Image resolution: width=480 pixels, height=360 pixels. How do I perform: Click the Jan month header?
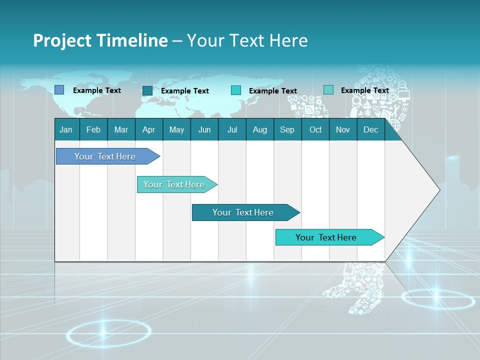[x=66, y=129]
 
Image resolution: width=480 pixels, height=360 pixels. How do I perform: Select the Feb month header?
[x=93, y=129]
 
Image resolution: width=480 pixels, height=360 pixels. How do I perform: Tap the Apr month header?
[x=148, y=129]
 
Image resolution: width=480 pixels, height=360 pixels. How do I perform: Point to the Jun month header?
[x=204, y=129]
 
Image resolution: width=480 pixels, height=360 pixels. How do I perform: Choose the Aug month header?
[x=259, y=129]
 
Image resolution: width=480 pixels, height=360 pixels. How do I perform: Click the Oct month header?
[x=315, y=129]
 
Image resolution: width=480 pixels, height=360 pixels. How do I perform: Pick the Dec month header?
[x=370, y=129]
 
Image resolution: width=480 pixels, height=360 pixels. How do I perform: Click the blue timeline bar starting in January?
[x=105, y=156]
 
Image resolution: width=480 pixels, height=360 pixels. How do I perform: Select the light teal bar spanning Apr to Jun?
[x=174, y=184]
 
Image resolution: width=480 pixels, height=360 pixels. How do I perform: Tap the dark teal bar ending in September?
[x=243, y=212]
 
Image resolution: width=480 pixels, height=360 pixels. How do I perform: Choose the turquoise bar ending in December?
[x=326, y=237]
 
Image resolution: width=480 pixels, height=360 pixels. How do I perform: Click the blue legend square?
[x=59, y=90]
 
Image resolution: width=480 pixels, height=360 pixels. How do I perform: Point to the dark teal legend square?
[x=147, y=90]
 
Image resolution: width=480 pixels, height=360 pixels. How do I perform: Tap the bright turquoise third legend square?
[x=235, y=90]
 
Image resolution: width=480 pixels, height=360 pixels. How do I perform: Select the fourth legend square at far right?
[x=328, y=90]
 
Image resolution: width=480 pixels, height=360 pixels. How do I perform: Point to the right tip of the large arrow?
[x=439, y=189]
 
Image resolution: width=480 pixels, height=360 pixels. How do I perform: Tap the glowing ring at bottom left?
[x=108, y=333]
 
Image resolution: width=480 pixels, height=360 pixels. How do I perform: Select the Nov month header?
[x=343, y=129]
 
